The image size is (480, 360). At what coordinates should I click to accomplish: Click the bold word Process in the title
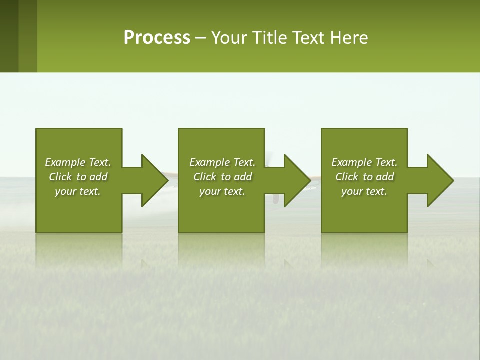coord(157,38)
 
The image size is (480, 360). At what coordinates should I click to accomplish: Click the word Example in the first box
coord(65,162)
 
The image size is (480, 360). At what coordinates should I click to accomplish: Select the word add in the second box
coord(243,177)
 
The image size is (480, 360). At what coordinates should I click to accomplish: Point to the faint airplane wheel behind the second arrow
coord(275,199)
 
